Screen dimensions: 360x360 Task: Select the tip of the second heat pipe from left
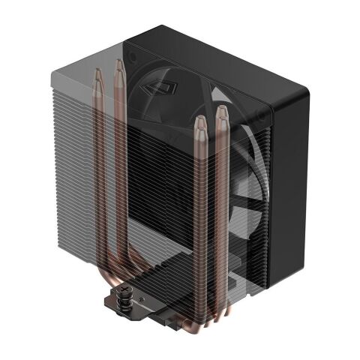119,65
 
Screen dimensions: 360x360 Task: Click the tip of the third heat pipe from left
200,121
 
